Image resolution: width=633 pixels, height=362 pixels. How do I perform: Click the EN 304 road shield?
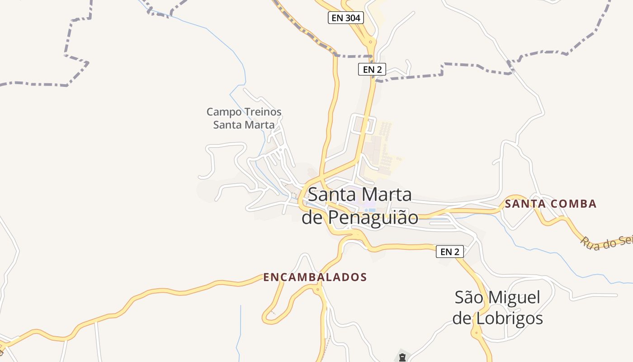[x=345, y=18]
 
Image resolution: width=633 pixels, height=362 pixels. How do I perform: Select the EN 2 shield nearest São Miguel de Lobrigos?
[x=449, y=252]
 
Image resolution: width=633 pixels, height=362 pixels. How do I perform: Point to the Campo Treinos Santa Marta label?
[x=244, y=118]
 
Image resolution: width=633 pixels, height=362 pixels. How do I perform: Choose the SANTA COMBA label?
[x=551, y=204]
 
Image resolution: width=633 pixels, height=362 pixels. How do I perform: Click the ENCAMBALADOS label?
[x=315, y=277]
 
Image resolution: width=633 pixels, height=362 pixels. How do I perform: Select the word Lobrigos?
[x=509, y=319]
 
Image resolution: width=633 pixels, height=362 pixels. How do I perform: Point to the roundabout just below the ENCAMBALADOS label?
[x=318, y=289]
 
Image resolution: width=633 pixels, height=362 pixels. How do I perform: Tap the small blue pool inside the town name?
[x=371, y=210]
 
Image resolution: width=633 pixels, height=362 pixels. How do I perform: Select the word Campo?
[x=223, y=112]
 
